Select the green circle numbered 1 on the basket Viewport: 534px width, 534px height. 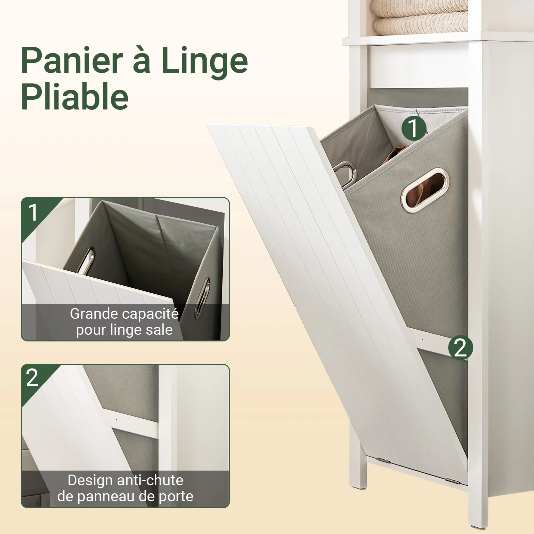click(414, 128)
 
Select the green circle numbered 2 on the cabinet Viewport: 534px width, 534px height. click(460, 347)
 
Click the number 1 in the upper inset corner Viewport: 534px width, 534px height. click(33, 212)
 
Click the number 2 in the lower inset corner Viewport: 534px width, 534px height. click(32, 378)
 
